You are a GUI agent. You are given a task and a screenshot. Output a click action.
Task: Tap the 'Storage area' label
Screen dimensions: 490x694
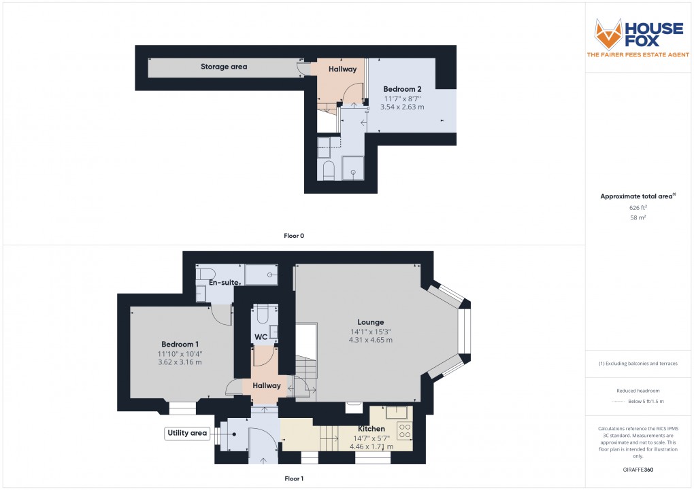click(x=224, y=67)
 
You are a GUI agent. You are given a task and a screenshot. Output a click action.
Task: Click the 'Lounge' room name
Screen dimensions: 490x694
click(x=371, y=322)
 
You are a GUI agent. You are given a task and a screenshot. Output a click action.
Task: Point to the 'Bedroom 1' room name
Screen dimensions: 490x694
click(x=180, y=344)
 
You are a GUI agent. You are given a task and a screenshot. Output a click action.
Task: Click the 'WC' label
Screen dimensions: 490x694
click(x=261, y=337)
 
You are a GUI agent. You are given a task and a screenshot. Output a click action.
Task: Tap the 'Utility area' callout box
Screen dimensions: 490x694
click(x=186, y=433)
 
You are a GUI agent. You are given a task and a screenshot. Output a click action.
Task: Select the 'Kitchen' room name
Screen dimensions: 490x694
click(x=371, y=429)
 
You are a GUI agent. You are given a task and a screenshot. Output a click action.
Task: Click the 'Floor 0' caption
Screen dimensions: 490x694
click(x=294, y=236)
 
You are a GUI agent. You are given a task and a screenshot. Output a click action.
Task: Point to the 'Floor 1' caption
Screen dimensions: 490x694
click(x=294, y=478)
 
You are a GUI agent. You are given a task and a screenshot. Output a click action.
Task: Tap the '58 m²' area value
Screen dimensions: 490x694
click(x=638, y=217)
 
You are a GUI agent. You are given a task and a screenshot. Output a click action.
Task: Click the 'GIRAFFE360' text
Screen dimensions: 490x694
click(x=638, y=470)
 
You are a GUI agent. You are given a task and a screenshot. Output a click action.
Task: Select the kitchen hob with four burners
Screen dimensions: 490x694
click(x=404, y=430)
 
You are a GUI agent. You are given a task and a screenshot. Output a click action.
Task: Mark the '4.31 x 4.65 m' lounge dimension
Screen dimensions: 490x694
click(x=371, y=340)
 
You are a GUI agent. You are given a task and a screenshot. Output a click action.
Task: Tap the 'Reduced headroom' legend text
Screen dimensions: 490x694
click(x=638, y=391)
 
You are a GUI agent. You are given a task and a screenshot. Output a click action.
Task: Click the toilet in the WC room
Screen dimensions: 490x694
click(x=263, y=315)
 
